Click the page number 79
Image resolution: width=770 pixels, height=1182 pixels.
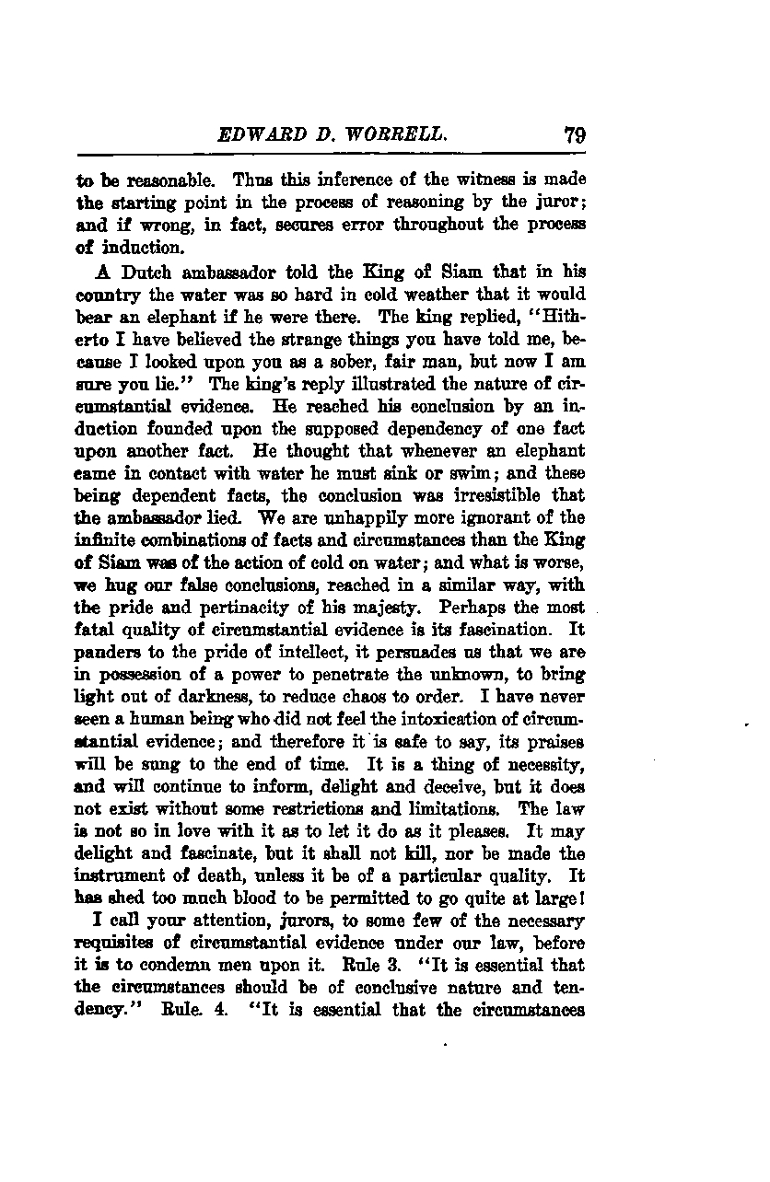(575, 135)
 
